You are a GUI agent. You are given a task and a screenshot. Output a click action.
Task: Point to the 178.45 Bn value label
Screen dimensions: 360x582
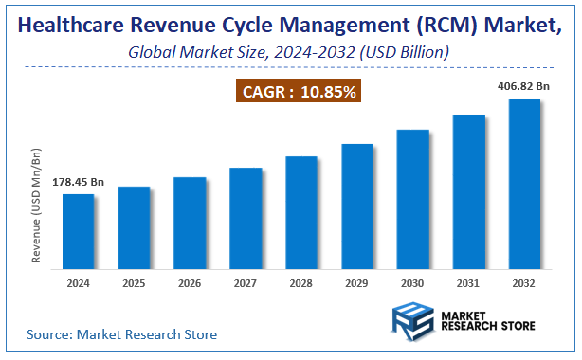(78, 180)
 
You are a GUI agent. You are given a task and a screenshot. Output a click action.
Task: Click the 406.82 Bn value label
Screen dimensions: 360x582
(524, 85)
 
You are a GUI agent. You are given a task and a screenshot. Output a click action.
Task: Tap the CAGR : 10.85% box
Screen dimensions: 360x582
(298, 92)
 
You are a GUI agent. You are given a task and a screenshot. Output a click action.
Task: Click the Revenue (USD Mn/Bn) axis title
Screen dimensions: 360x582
(37, 205)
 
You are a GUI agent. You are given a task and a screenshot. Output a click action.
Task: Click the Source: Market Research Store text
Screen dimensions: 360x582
(121, 334)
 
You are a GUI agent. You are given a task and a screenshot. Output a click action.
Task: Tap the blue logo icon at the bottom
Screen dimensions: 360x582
(411, 322)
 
